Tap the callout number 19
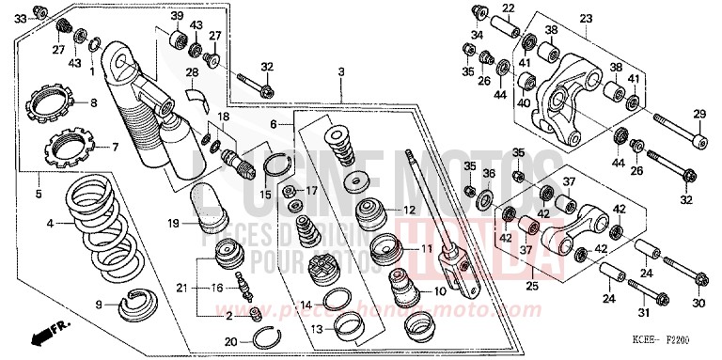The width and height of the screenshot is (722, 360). [173, 224]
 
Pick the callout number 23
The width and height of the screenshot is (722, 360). [586, 18]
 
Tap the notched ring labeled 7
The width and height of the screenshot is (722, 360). [68, 147]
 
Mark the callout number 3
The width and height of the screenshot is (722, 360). [342, 71]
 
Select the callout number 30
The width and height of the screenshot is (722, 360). [698, 303]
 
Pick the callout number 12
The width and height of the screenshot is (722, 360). [410, 209]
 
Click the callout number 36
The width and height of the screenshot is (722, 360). [489, 174]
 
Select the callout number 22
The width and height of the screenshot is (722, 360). [507, 8]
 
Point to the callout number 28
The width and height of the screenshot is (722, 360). [191, 72]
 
